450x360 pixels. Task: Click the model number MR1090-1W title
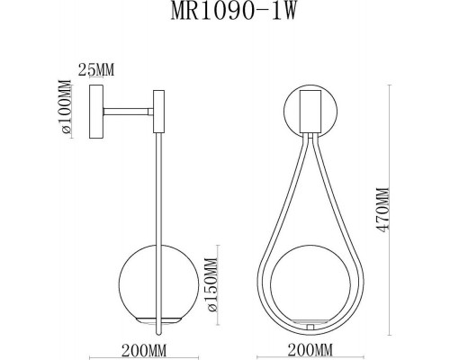(x=225, y=16)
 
